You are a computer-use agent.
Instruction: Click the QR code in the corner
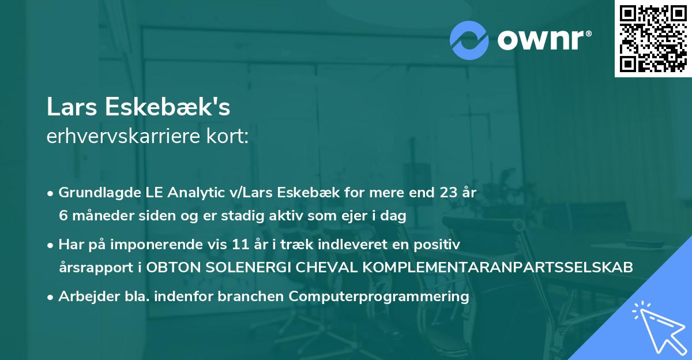coord(653,39)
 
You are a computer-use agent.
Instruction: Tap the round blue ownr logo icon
coord(469,40)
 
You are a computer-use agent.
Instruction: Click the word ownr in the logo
coord(543,40)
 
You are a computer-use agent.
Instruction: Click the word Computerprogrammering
coord(379,297)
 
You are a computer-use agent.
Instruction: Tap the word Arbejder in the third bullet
coord(83,297)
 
